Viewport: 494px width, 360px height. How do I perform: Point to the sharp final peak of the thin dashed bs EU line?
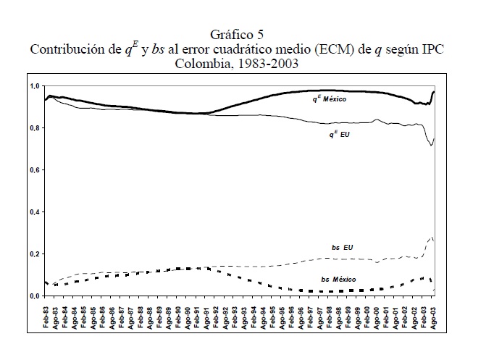pos(432,237)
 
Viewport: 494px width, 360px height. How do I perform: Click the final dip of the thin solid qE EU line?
pos(431,146)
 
